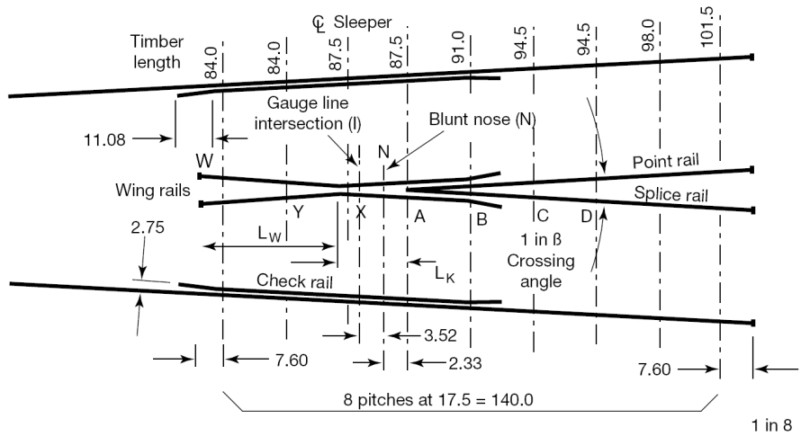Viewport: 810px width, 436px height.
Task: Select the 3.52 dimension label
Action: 440,335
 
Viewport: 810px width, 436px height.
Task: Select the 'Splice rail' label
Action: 670,193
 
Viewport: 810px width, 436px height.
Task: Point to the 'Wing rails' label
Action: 150,191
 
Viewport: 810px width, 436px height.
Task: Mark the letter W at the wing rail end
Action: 205,161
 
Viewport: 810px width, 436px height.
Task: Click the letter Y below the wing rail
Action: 298,212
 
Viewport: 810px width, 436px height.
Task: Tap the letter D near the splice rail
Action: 586,216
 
